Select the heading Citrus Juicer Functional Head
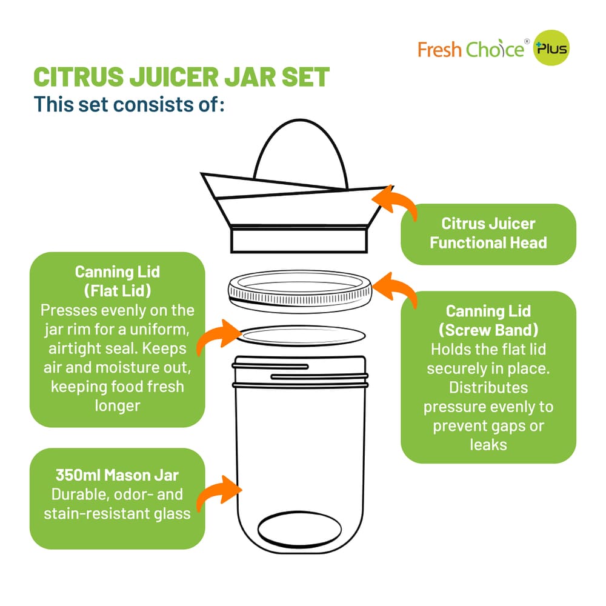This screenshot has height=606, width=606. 488,233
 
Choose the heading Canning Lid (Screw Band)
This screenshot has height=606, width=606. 488,321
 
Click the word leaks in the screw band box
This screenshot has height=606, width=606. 488,445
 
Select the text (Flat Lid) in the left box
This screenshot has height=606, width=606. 117,290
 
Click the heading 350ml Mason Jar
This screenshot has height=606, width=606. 117,475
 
